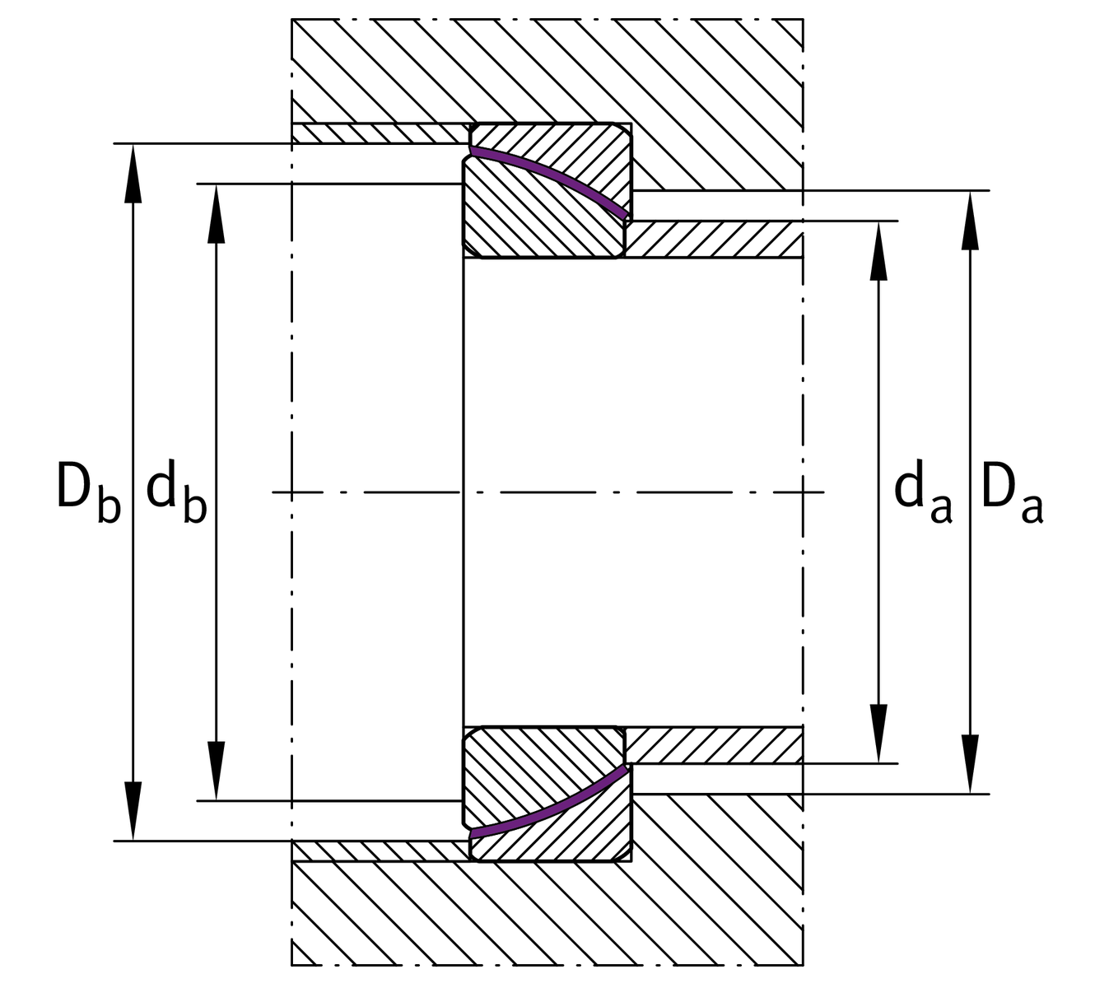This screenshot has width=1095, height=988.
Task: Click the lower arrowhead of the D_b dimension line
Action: [133, 812]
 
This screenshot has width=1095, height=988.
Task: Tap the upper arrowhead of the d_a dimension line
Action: [879, 250]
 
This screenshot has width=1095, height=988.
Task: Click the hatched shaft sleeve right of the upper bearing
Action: [713, 240]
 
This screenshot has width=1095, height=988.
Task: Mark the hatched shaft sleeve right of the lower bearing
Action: [713, 745]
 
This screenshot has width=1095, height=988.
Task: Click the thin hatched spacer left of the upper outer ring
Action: [379, 133]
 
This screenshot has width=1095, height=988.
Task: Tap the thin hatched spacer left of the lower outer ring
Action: [379, 851]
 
